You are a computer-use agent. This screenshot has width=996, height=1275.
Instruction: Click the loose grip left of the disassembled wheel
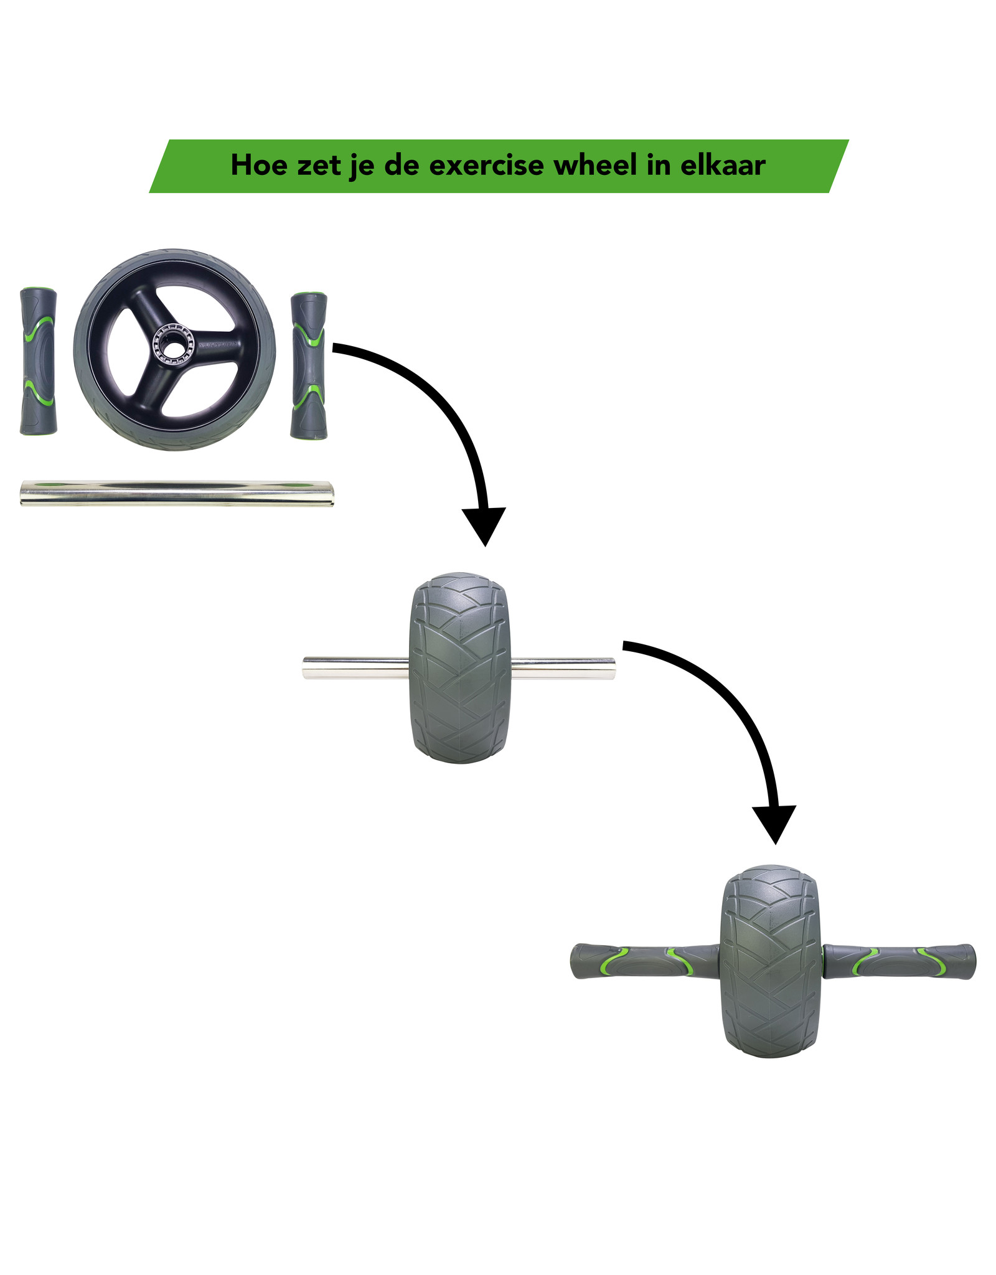38,361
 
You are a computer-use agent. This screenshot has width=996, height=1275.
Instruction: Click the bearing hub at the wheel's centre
174,343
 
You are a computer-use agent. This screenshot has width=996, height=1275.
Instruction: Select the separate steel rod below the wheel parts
177,493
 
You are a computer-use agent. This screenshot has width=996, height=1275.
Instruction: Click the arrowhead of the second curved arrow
774,822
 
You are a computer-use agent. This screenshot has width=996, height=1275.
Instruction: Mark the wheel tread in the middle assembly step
459,668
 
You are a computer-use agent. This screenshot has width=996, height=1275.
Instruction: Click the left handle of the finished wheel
644,962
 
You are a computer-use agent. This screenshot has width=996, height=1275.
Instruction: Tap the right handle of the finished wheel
899,962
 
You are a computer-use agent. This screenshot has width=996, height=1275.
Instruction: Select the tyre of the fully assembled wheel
769,962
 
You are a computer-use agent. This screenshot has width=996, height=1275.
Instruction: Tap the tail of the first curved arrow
339,348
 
